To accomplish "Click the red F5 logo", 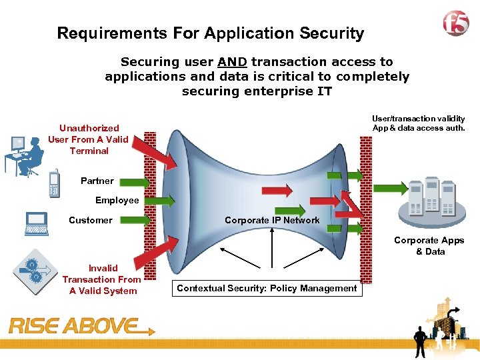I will pos(455,24).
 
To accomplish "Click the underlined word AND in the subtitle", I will pos(232,62).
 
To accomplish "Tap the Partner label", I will pos(97,181).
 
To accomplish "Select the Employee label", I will pos(117,200).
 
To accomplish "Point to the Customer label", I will pos(91,220).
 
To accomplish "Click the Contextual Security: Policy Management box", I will pos(267,288).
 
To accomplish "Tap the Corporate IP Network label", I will pos(272,220).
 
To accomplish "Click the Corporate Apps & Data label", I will pos(430,245).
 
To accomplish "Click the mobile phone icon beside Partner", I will pos(55,183).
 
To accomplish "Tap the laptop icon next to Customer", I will pos(36,223).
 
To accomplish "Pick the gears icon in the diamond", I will pos(35,271).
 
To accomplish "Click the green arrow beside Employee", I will pos(159,200).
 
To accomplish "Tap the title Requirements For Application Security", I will pos(211,33).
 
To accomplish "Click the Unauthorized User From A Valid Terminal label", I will pos(89,139).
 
